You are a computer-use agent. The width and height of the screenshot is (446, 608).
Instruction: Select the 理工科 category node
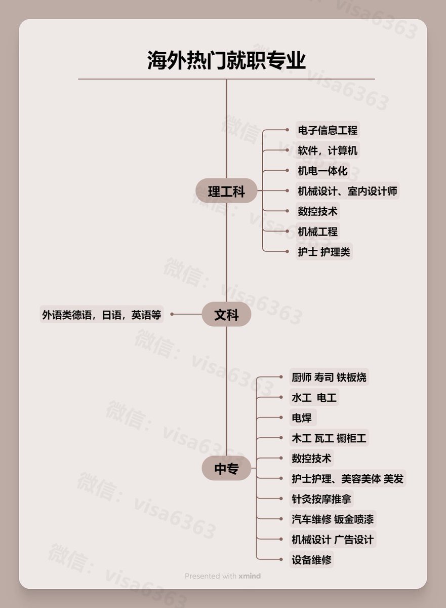(226, 192)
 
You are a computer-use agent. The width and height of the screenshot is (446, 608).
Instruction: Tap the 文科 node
(226, 315)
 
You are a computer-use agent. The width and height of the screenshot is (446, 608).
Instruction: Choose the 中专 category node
(226, 469)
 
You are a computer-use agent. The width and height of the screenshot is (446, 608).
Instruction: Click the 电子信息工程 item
(328, 130)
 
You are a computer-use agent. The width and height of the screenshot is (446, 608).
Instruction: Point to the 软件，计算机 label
(328, 150)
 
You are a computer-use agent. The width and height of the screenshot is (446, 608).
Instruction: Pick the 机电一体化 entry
(322, 171)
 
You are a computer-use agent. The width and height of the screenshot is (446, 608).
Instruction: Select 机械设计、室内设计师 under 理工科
(348, 191)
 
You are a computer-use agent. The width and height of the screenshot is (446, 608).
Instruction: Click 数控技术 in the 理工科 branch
(317, 211)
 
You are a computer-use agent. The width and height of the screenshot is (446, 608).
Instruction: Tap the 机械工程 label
(317, 232)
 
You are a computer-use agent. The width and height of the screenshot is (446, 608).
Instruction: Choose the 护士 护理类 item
(323, 252)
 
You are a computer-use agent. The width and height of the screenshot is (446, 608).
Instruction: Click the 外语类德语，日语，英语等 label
(101, 315)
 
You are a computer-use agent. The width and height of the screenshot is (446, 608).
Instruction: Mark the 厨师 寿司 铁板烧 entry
(329, 377)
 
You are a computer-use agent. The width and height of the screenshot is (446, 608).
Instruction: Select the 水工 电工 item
(314, 398)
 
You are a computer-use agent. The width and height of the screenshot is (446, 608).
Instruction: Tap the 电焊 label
(302, 418)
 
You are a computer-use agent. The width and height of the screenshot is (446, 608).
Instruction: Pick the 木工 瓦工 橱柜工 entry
(329, 438)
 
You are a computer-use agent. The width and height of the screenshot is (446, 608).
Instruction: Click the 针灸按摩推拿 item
(321, 499)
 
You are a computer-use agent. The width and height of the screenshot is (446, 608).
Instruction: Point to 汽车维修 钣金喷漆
(333, 519)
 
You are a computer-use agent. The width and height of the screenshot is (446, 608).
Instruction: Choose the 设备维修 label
(311, 560)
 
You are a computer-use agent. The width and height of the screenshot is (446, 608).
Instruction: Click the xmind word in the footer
(250, 576)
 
